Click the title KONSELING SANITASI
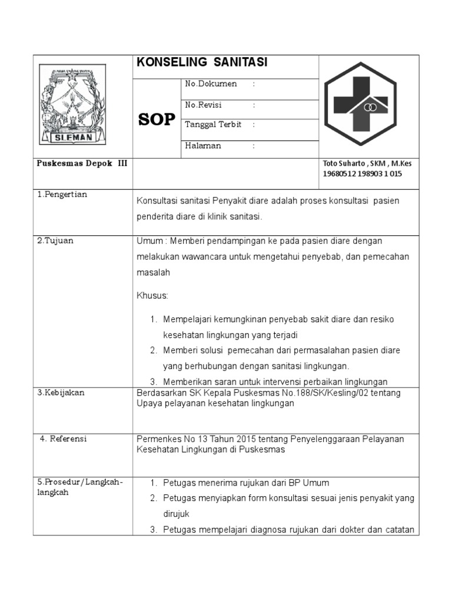[x=202, y=63]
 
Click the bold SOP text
[x=157, y=119]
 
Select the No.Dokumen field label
[x=211, y=84]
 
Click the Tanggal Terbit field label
[x=213, y=125]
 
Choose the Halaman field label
[x=203, y=146]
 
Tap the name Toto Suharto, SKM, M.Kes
[x=367, y=163]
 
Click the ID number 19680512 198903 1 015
[x=362, y=173]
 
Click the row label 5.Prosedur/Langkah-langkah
[x=80, y=487]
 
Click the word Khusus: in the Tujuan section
[x=152, y=295]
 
